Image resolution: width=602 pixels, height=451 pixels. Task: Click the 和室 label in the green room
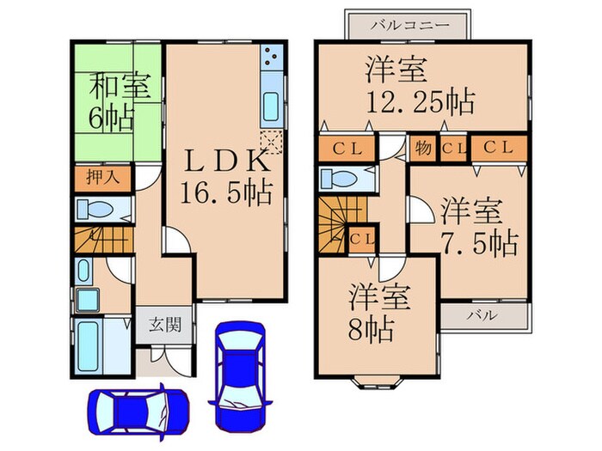(x=120, y=87)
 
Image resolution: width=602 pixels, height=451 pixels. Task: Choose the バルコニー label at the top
(x=408, y=25)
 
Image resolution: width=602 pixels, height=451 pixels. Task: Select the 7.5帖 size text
(x=480, y=243)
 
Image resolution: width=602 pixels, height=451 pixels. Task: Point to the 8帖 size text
(x=372, y=326)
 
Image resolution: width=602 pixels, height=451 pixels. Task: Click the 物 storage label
(x=424, y=148)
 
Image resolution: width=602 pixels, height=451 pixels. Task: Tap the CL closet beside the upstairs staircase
(x=361, y=238)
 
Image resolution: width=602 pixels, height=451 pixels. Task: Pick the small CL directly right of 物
(x=452, y=148)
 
